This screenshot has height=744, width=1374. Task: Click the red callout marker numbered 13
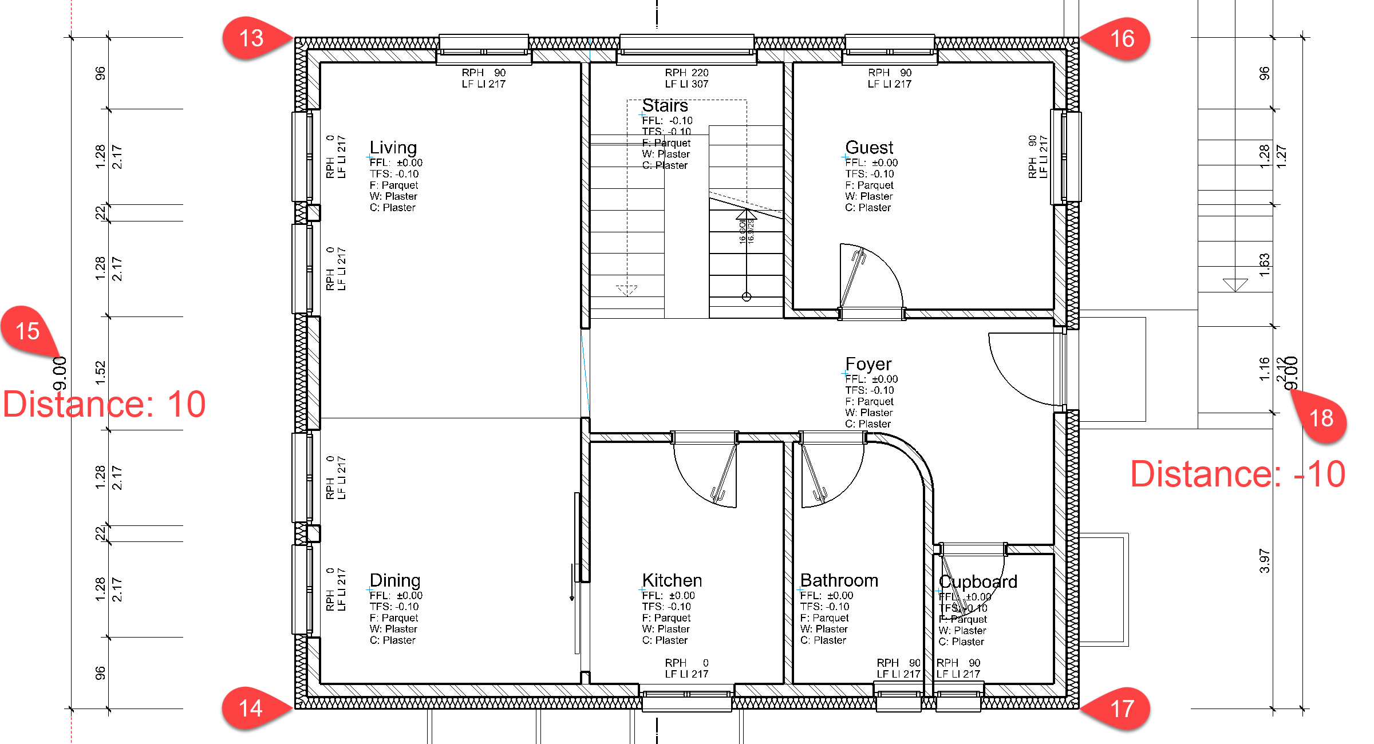point(251,39)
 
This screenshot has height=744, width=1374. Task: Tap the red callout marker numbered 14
point(251,709)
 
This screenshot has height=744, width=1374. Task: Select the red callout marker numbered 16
point(1122,39)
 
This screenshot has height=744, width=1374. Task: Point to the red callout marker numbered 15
point(27,331)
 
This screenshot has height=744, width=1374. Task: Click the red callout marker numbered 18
point(1321,418)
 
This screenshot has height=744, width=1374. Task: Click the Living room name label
point(393,148)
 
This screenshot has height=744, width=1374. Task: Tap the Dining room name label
point(394,580)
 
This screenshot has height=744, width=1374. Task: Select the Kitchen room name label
point(672,580)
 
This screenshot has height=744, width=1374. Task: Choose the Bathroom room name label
point(839,580)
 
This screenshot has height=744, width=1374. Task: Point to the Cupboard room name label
point(978,582)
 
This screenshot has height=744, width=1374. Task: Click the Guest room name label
point(868,148)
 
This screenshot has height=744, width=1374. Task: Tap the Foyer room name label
point(868,364)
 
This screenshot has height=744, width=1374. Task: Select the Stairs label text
point(665,106)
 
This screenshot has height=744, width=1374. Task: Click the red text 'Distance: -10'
point(1237,474)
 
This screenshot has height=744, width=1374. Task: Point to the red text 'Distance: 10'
point(104,404)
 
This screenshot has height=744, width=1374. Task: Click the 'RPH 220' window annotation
point(686,73)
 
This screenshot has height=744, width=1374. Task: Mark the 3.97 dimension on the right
point(1264,561)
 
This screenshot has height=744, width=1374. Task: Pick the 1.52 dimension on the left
point(101,373)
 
